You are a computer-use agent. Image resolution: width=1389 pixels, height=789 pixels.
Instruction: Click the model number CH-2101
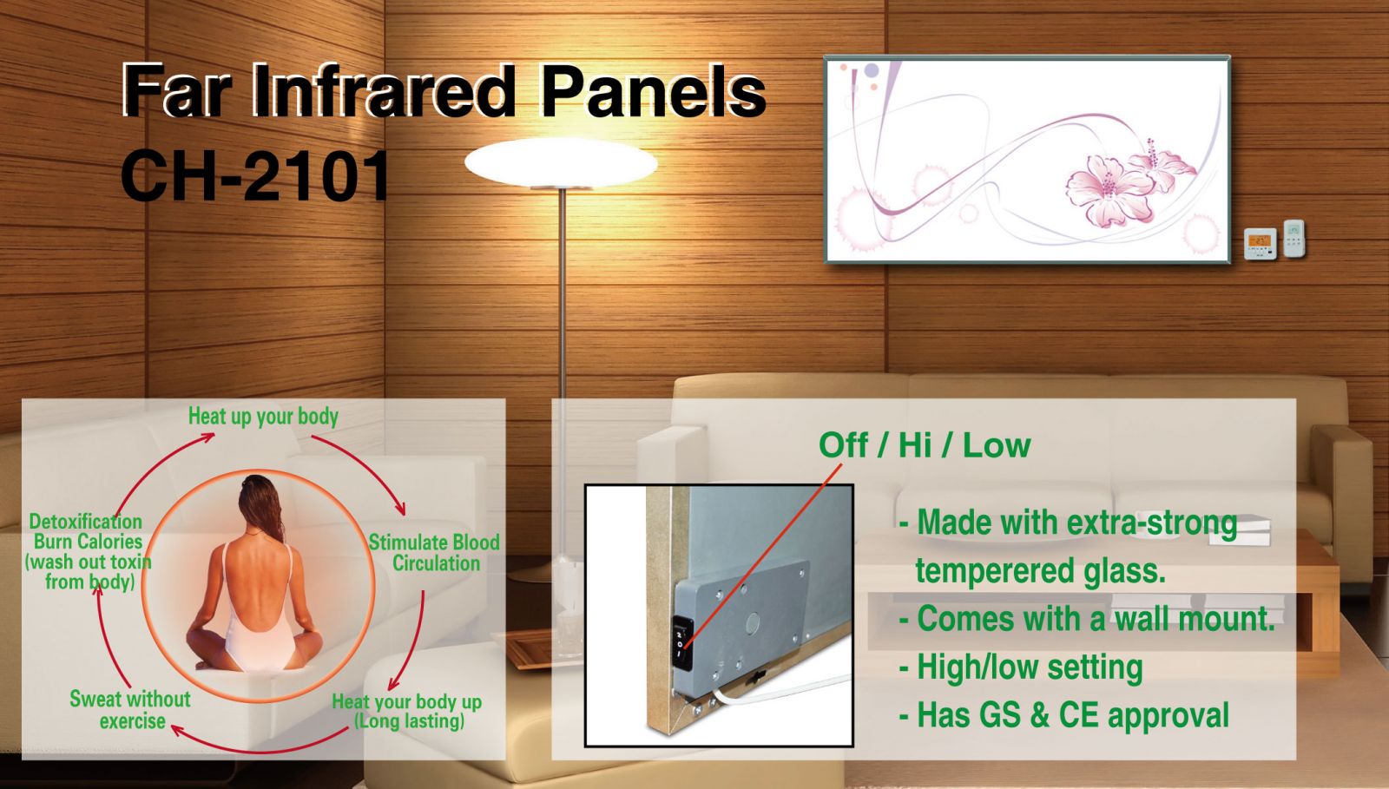pos(255,176)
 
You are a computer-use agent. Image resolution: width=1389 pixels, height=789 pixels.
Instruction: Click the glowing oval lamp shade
pos(561,162)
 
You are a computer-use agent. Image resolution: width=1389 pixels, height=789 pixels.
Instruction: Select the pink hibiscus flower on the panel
pos(1110,190)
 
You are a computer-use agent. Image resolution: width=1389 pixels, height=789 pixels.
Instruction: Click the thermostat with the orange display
pos(1260,244)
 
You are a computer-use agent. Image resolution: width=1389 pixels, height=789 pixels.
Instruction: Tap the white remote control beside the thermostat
pos(1294,238)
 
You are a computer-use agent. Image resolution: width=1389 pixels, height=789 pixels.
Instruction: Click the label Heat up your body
pos(263,417)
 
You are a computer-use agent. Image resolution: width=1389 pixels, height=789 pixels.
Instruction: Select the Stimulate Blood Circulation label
pos(434,553)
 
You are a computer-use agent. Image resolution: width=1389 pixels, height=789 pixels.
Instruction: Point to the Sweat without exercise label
pos(130,710)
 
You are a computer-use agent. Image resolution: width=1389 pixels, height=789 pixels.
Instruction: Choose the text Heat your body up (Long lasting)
pos(407,712)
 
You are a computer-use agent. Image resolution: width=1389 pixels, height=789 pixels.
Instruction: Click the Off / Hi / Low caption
pos(925,445)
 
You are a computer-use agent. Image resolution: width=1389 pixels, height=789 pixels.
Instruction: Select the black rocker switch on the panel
pos(682,642)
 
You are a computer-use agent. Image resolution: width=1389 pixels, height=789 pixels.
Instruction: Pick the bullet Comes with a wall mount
pos(1087,619)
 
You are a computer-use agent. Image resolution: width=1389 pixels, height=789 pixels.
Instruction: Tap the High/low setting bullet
pos(1021,667)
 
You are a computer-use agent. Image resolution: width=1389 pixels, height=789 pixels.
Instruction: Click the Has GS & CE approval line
pos(1064,714)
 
